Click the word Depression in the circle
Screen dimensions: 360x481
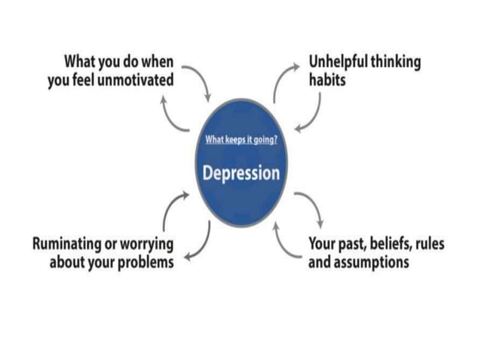click(240, 172)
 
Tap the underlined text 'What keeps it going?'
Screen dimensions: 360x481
click(240, 140)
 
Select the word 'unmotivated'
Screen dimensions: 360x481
click(136, 78)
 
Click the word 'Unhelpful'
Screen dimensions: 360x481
click(339, 62)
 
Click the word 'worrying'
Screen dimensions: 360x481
click(146, 245)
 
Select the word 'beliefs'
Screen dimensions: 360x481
click(388, 245)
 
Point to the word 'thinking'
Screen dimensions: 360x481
click(397, 62)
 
